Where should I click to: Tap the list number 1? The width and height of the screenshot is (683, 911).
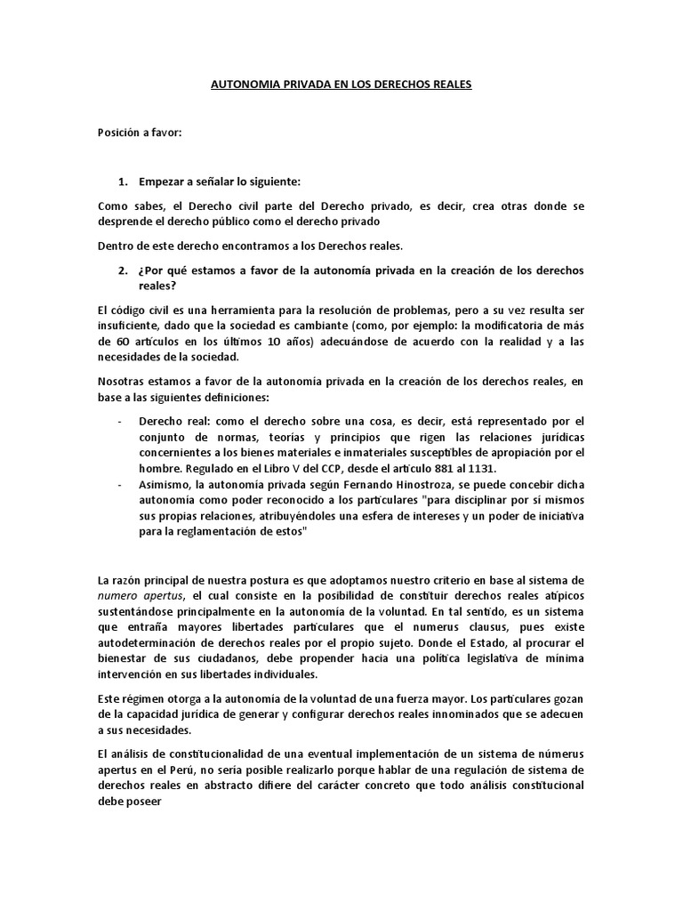[123, 181]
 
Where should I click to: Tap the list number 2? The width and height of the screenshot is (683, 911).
[123, 270]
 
